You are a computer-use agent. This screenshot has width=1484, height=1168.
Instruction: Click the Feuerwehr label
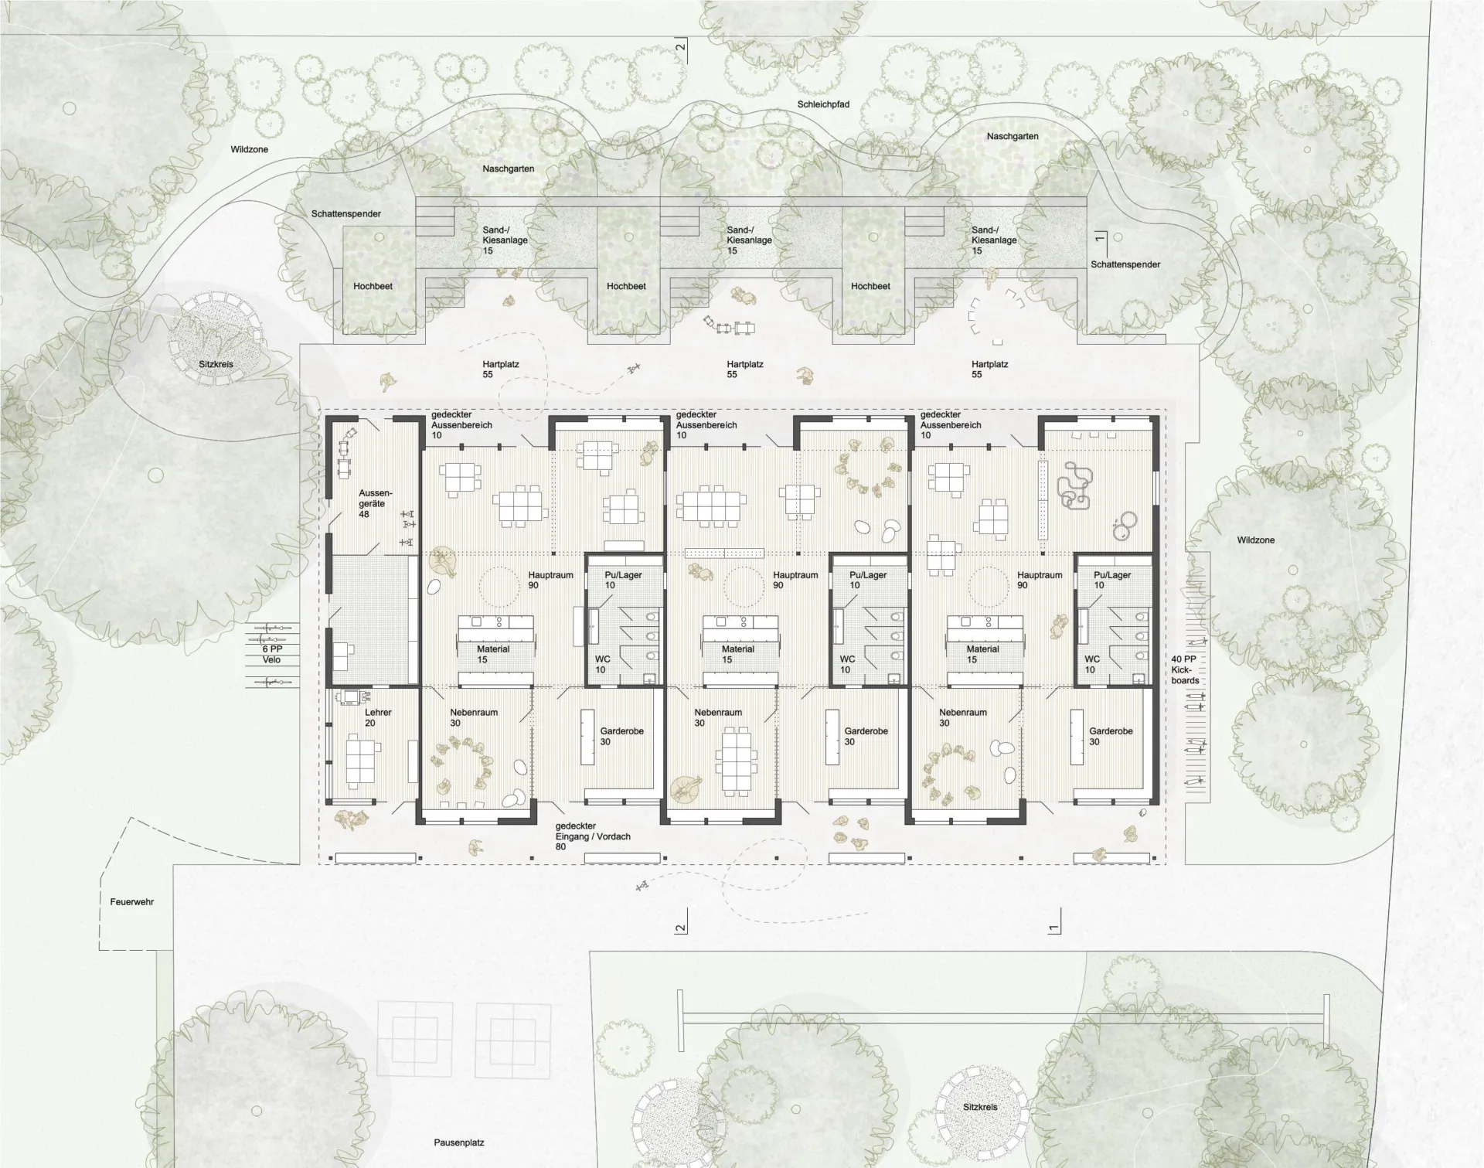click(x=131, y=902)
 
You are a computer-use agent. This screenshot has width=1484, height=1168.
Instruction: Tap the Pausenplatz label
click(x=458, y=1142)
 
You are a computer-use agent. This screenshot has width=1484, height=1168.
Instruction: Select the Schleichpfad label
click(x=824, y=104)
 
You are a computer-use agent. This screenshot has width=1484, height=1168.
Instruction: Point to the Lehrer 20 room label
click(x=378, y=717)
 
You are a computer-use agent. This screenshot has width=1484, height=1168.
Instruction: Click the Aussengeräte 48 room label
click(x=375, y=503)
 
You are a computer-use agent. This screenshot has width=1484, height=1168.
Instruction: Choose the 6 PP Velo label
click(x=271, y=654)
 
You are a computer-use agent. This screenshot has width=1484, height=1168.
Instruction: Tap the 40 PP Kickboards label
click(x=1185, y=669)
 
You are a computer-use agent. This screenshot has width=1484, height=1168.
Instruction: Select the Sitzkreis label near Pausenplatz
click(x=980, y=1107)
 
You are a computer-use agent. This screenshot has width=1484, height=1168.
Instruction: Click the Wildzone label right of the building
click(x=1255, y=540)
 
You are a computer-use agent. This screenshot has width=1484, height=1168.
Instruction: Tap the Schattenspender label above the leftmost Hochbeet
click(x=346, y=213)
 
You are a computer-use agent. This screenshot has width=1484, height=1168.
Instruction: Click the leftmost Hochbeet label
click(x=373, y=286)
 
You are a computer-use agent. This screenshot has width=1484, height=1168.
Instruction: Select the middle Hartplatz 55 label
click(x=745, y=369)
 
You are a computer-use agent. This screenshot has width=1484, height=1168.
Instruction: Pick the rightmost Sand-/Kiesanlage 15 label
click(x=994, y=240)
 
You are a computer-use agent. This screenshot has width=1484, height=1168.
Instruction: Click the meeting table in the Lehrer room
click(x=362, y=761)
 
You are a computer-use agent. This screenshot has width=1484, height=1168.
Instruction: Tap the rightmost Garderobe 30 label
click(x=1111, y=737)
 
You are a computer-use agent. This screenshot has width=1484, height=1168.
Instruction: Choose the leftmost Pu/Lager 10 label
click(x=623, y=580)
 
